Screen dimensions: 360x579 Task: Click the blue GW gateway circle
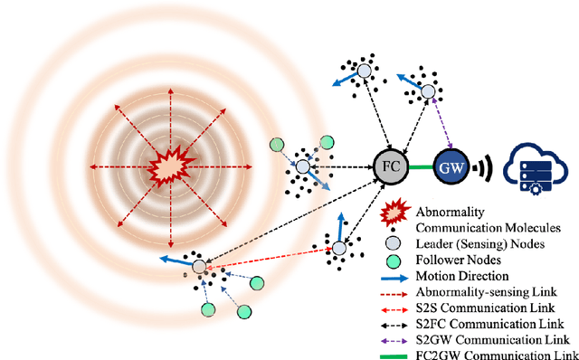450,167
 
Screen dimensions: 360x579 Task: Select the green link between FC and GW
420,167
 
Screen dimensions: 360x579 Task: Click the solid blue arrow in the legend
395,276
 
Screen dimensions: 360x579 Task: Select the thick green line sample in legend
395,353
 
